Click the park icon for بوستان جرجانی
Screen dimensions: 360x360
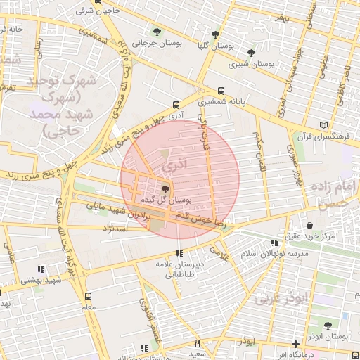coord(157,32)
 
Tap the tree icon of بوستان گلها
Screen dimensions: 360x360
coord(215,34)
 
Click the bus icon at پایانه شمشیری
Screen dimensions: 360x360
coord(221,91)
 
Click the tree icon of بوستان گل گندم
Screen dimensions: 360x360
coord(165,188)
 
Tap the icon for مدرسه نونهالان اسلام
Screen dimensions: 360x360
coord(274,243)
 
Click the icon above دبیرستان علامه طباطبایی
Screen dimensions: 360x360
coord(179,253)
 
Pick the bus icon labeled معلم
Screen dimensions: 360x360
coord(88,296)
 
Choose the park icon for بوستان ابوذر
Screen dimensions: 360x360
coord(328,325)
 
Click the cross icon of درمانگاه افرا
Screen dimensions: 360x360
coord(295,344)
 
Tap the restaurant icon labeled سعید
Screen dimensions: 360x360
coord(197,343)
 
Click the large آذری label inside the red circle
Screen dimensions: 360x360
coord(172,166)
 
